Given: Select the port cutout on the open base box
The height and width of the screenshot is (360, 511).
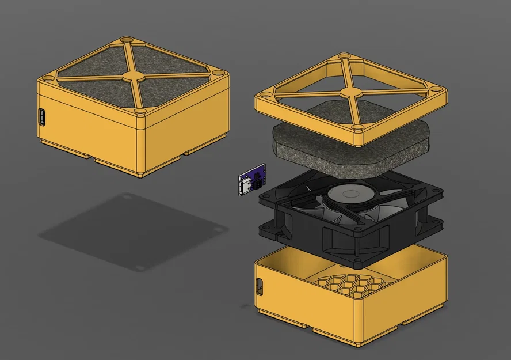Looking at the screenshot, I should (258, 286).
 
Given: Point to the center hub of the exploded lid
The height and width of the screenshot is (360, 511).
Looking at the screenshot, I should (350, 92).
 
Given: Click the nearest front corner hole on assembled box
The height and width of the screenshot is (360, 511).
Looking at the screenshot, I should (139, 110).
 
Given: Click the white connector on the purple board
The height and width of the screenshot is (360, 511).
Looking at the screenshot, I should (245, 187).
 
